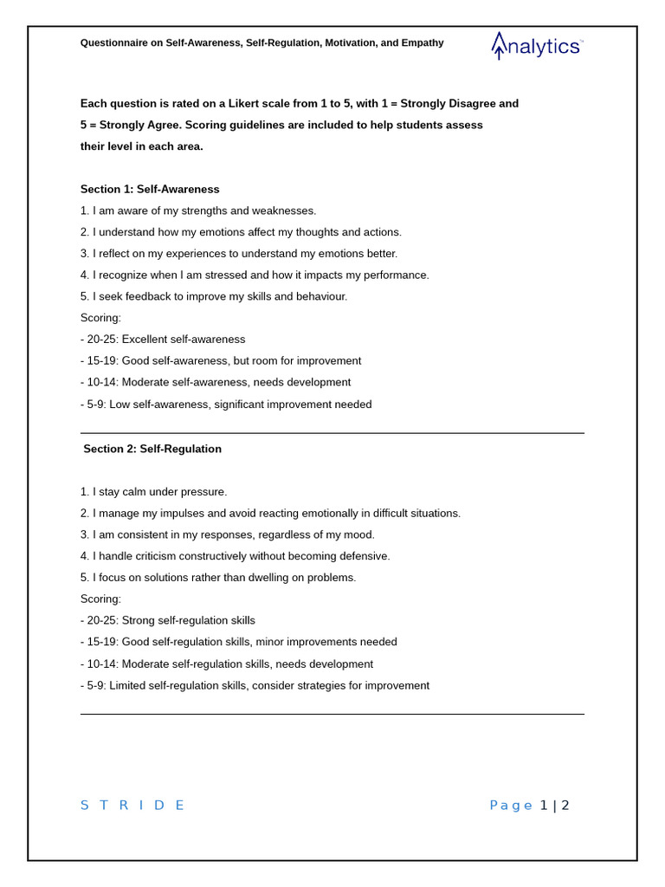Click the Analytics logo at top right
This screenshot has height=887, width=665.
tap(537, 46)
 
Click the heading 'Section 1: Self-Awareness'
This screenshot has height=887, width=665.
tap(150, 189)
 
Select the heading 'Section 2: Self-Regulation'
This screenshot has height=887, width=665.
tap(152, 449)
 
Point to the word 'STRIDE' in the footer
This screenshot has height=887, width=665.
tap(132, 805)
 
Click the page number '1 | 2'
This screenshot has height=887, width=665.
tap(554, 805)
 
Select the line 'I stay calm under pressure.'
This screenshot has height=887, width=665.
tap(160, 492)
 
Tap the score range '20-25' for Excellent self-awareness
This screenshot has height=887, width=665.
tap(102, 340)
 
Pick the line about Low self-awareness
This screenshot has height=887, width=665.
tap(226, 405)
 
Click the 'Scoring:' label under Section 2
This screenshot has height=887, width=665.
tap(100, 599)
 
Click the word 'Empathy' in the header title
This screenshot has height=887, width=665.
tap(423, 42)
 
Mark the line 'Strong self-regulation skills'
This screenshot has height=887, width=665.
tap(189, 621)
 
